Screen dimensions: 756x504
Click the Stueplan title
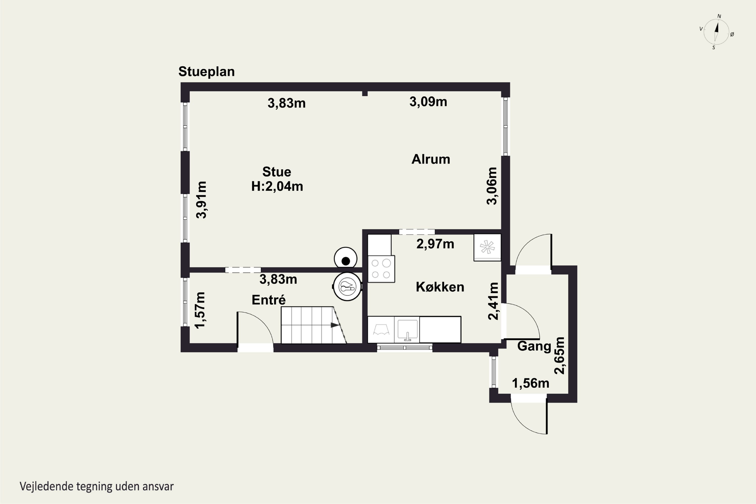pos(206,72)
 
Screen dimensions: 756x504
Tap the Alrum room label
pos(431,159)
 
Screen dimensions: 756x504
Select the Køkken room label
pos(440,287)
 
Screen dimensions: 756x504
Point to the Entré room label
pos(269,300)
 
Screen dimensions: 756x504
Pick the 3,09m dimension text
pos(428,102)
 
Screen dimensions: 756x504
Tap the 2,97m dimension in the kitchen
pos(435,244)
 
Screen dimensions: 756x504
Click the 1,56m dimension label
pos(530,383)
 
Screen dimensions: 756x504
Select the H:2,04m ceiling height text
pos(277,186)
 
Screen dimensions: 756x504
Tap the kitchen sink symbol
pos(407,329)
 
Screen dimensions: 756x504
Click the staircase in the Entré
pos(313,325)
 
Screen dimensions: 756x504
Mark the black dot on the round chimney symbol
pos(346,261)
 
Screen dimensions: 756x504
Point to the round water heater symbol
pos(347,287)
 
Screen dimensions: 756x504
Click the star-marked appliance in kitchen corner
pos(487,247)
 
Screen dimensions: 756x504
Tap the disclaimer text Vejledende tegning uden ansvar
pos(97,486)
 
